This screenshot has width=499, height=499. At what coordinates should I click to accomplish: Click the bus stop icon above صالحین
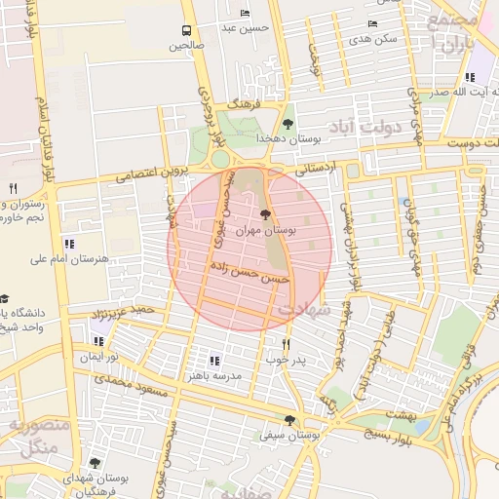click(187, 30)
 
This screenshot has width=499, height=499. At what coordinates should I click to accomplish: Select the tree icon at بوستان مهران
click(267, 214)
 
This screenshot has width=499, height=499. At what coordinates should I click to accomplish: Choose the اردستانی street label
click(313, 168)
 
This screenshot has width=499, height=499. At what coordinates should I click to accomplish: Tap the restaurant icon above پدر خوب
click(286, 343)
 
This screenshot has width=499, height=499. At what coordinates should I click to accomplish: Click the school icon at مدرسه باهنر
click(214, 360)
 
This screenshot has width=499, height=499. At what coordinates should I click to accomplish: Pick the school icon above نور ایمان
click(98, 341)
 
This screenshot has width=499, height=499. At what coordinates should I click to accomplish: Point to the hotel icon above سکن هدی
click(372, 23)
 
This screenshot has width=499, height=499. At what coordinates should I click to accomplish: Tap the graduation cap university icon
click(5, 297)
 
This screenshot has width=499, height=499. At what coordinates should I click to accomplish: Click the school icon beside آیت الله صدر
click(471, 77)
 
